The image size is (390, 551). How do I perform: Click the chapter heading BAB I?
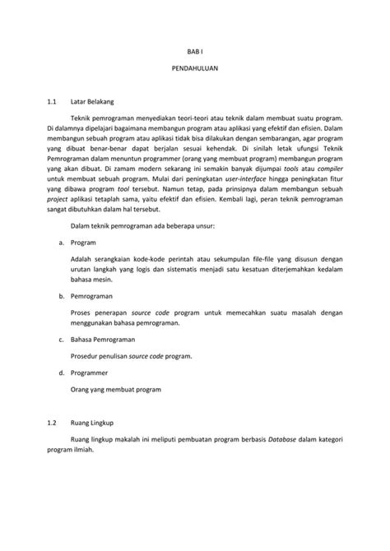pos(195,60)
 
